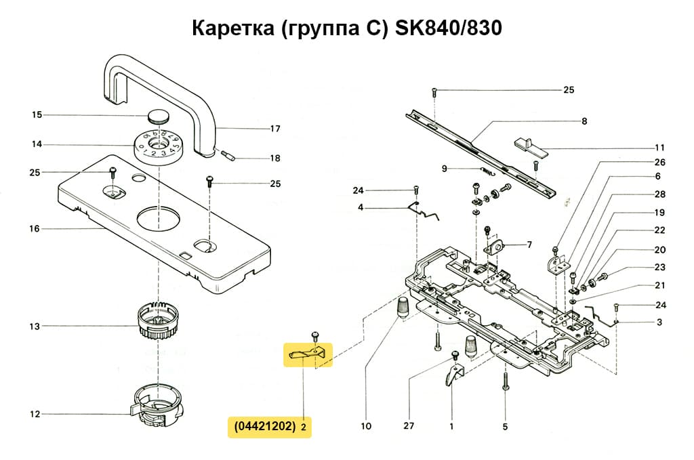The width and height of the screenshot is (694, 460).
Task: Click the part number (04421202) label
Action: (x=264, y=427)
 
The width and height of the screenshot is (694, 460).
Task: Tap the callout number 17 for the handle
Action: (x=275, y=129)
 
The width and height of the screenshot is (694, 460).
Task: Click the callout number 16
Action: (x=34, y=229)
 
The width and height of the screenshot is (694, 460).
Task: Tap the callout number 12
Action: (x=34, y=414)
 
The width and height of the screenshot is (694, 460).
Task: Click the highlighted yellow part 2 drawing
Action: (x=308, y=353)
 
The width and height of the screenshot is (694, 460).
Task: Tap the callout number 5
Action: (x=506, y=427)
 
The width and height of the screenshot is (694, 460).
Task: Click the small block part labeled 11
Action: (x=529, y=145)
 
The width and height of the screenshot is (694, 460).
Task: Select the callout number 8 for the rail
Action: (x=584, y=122)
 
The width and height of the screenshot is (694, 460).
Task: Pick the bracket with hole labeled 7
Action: (x=496, y=247)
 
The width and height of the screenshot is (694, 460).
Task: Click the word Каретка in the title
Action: (x=232, y=29)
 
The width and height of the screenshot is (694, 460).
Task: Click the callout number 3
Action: (x=659, y=322)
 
